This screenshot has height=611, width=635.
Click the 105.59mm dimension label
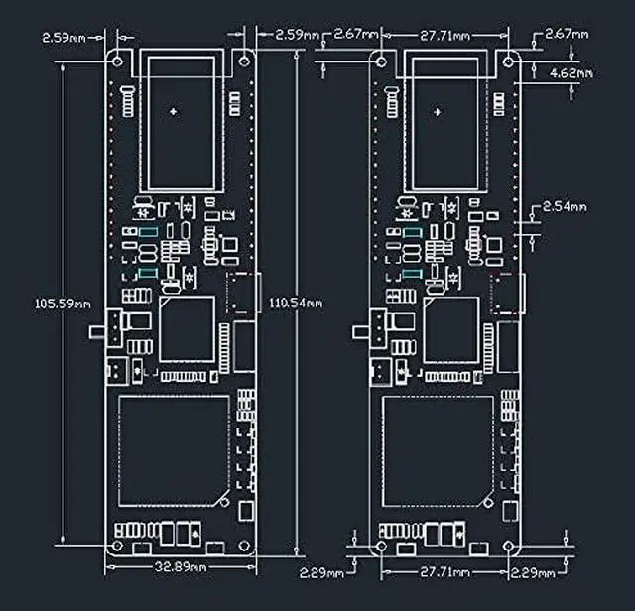pos(36,304)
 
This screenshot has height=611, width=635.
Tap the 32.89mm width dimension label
pos(181,568)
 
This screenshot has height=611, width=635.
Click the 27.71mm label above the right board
pos(444,36)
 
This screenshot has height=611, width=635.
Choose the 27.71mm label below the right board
pos(444,573)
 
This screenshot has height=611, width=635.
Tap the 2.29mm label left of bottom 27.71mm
pos(320,573)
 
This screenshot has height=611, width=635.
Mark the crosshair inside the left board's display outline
pos(175,111)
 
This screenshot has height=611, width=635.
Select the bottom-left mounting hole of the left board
pos(117,546)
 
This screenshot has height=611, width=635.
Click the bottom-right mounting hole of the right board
pos(506,546)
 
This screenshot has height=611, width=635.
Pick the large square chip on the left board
pos(187,328)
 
